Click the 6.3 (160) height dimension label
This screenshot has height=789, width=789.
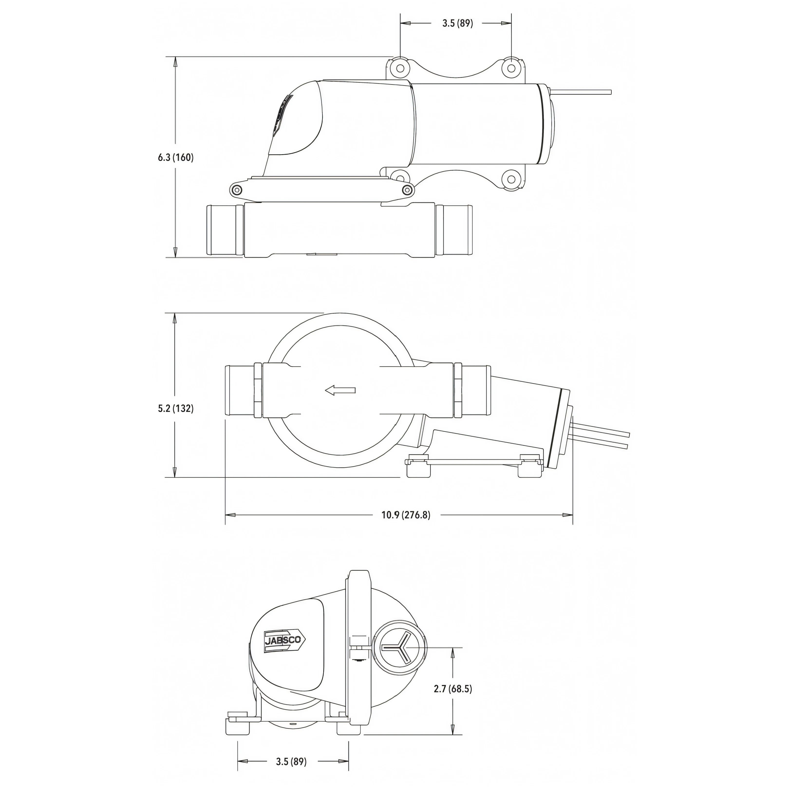coord(176,157)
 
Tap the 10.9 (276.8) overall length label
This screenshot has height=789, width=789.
coord(406,515)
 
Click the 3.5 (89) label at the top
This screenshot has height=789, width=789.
coord(457,23)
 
